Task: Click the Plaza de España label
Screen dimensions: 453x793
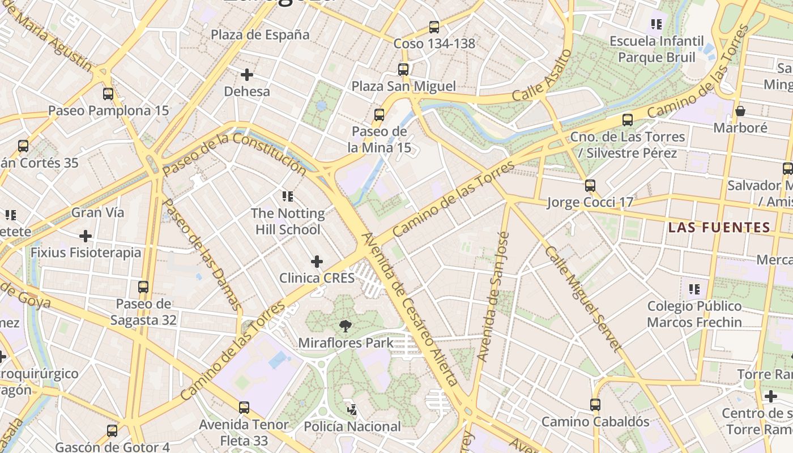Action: tap(260, 35)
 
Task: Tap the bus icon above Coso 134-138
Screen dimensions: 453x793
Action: tap(434, 27)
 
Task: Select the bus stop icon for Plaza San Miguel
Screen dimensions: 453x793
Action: tap(403, 70)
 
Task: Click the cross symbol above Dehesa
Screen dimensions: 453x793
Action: tap(247, 74)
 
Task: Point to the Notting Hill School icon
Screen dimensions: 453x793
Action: tap(288, 196)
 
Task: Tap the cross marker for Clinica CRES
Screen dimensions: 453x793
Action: tap(317, 261)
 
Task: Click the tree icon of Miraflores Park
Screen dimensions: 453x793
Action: tap(344, 326)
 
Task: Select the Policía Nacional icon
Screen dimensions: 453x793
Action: tap(352, 409)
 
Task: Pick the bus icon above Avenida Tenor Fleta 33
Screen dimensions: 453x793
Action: tap(244, 407)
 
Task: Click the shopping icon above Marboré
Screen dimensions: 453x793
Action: tap(740, 111)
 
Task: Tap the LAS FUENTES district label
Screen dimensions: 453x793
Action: tap(719, 228)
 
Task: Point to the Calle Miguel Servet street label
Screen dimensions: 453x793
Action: tap(583, 298)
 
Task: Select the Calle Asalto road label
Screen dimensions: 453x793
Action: tap(542, 75)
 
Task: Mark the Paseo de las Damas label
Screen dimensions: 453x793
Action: tap(202, 254)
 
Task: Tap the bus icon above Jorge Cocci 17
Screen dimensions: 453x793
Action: tap(590, 185)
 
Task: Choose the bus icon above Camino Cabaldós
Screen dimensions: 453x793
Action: tap(595, 404)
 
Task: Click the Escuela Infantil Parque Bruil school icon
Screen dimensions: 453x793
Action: tap(656, 24)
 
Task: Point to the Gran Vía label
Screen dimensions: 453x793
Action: tap(97, 212)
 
